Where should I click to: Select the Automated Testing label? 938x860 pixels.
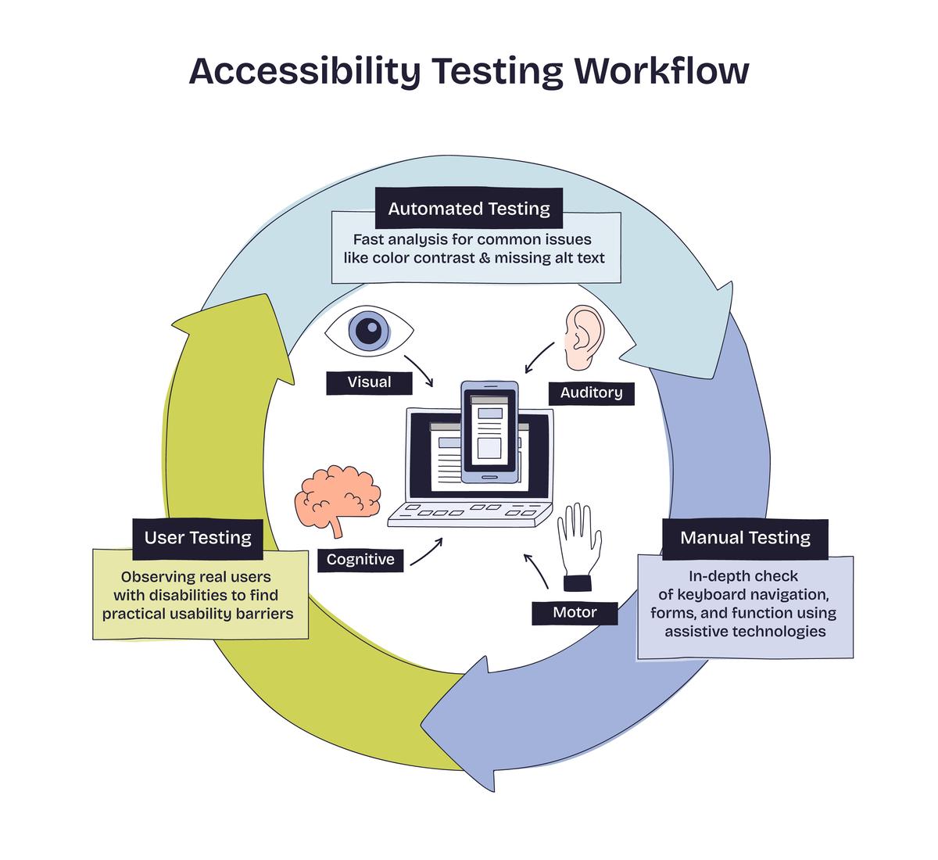click(x=469, y=209)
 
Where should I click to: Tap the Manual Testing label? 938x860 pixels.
click(x=745, y=538)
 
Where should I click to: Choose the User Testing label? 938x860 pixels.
click(x=198, y=538)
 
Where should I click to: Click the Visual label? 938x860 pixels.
click(x=369, y=382)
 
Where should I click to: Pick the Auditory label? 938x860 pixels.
click(x=591, y=392)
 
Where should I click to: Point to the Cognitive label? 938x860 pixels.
click(x=360, y=559)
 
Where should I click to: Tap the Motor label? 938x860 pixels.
click(x=575, y=613)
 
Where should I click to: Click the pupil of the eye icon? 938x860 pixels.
click(x=368, y=331)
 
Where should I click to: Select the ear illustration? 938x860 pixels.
click(x=584, y=339)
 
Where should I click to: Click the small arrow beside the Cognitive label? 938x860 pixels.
click(x=426, y=550)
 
